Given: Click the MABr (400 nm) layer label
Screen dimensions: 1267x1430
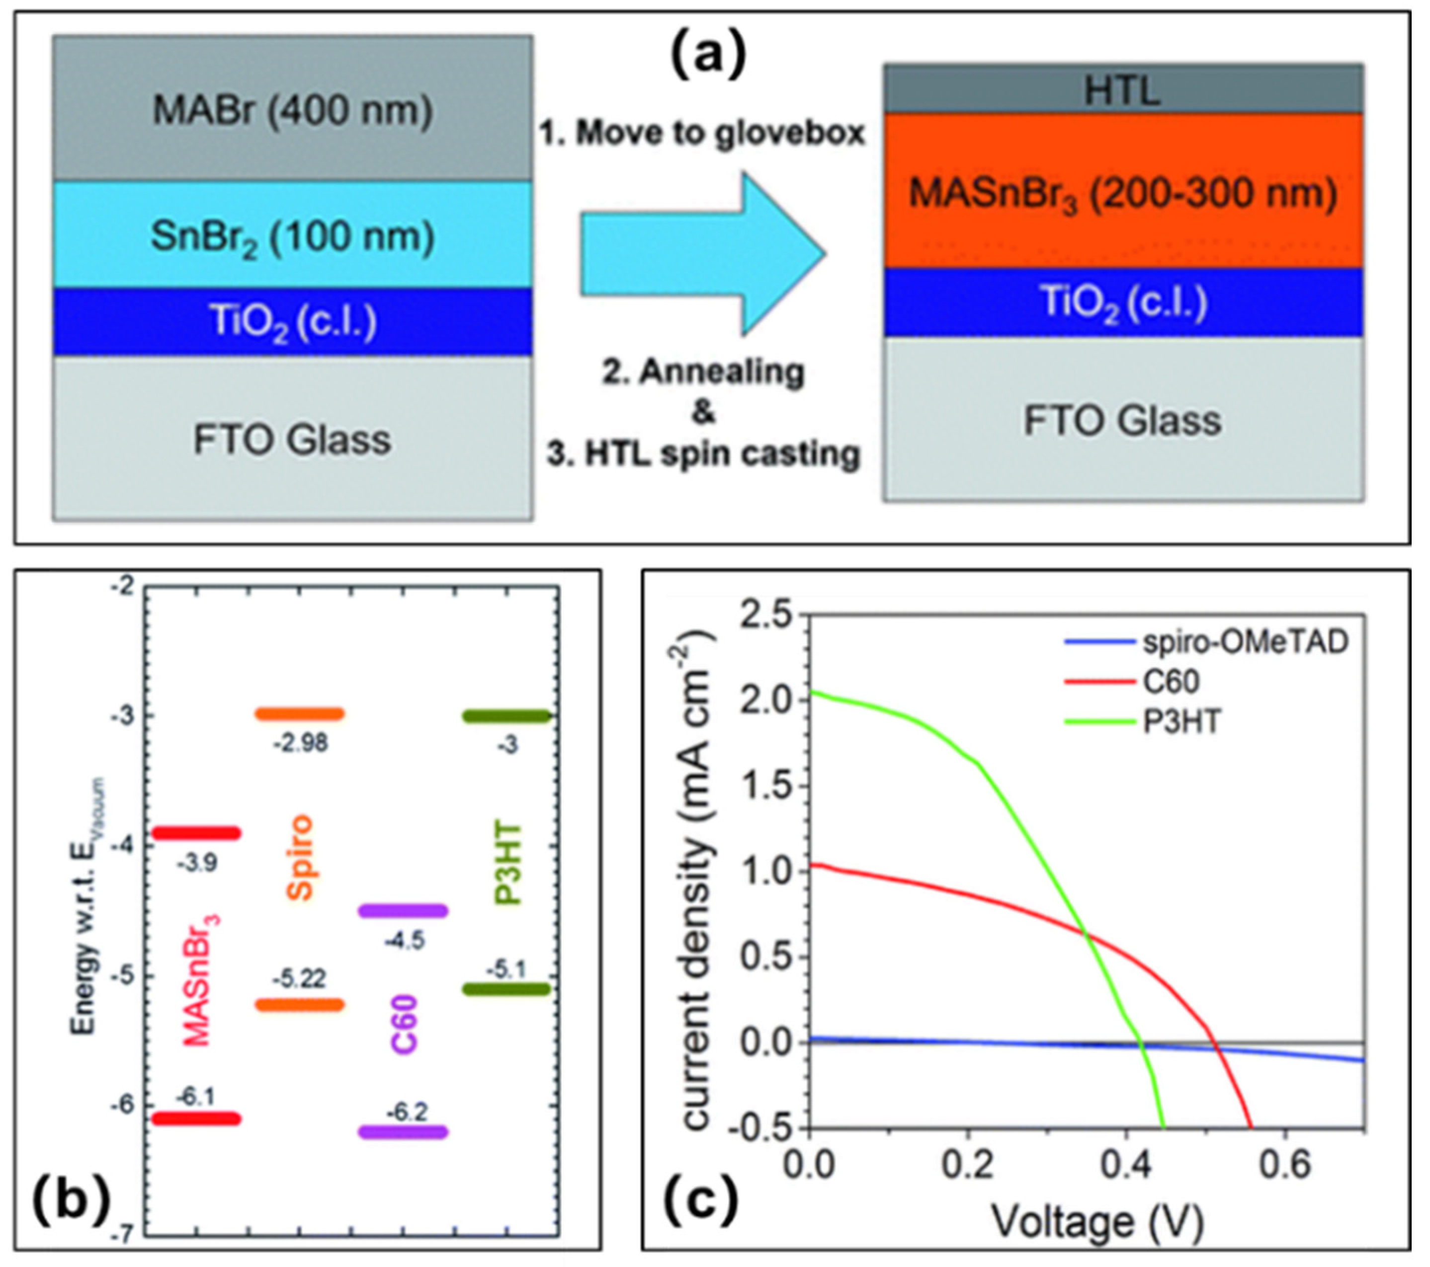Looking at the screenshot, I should [292, 110].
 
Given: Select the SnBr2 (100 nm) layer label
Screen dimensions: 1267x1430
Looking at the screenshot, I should [292, 238].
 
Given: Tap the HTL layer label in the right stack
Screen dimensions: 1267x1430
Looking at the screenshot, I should [1122, 90].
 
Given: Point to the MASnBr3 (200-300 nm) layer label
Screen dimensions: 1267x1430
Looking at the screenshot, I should [1122, 194].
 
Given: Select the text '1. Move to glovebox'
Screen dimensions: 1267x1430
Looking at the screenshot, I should [702, 133].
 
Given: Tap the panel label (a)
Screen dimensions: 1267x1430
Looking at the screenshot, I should [708, 56].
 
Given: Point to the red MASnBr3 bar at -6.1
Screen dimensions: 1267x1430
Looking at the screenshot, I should [197, 1119].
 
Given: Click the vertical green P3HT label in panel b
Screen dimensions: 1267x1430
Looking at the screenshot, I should [508, 865].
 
